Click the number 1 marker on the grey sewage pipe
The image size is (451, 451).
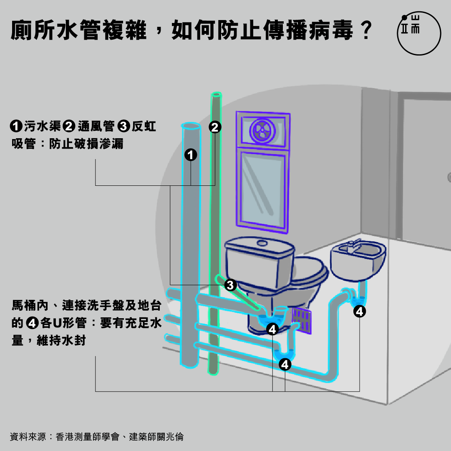190,155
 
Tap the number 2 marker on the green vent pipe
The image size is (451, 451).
214,127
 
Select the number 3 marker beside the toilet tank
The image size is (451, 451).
230,285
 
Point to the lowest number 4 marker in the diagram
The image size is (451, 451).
285,365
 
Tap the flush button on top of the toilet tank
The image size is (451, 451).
262,243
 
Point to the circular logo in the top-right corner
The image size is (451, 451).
418,33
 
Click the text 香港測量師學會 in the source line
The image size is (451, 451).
88,437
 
